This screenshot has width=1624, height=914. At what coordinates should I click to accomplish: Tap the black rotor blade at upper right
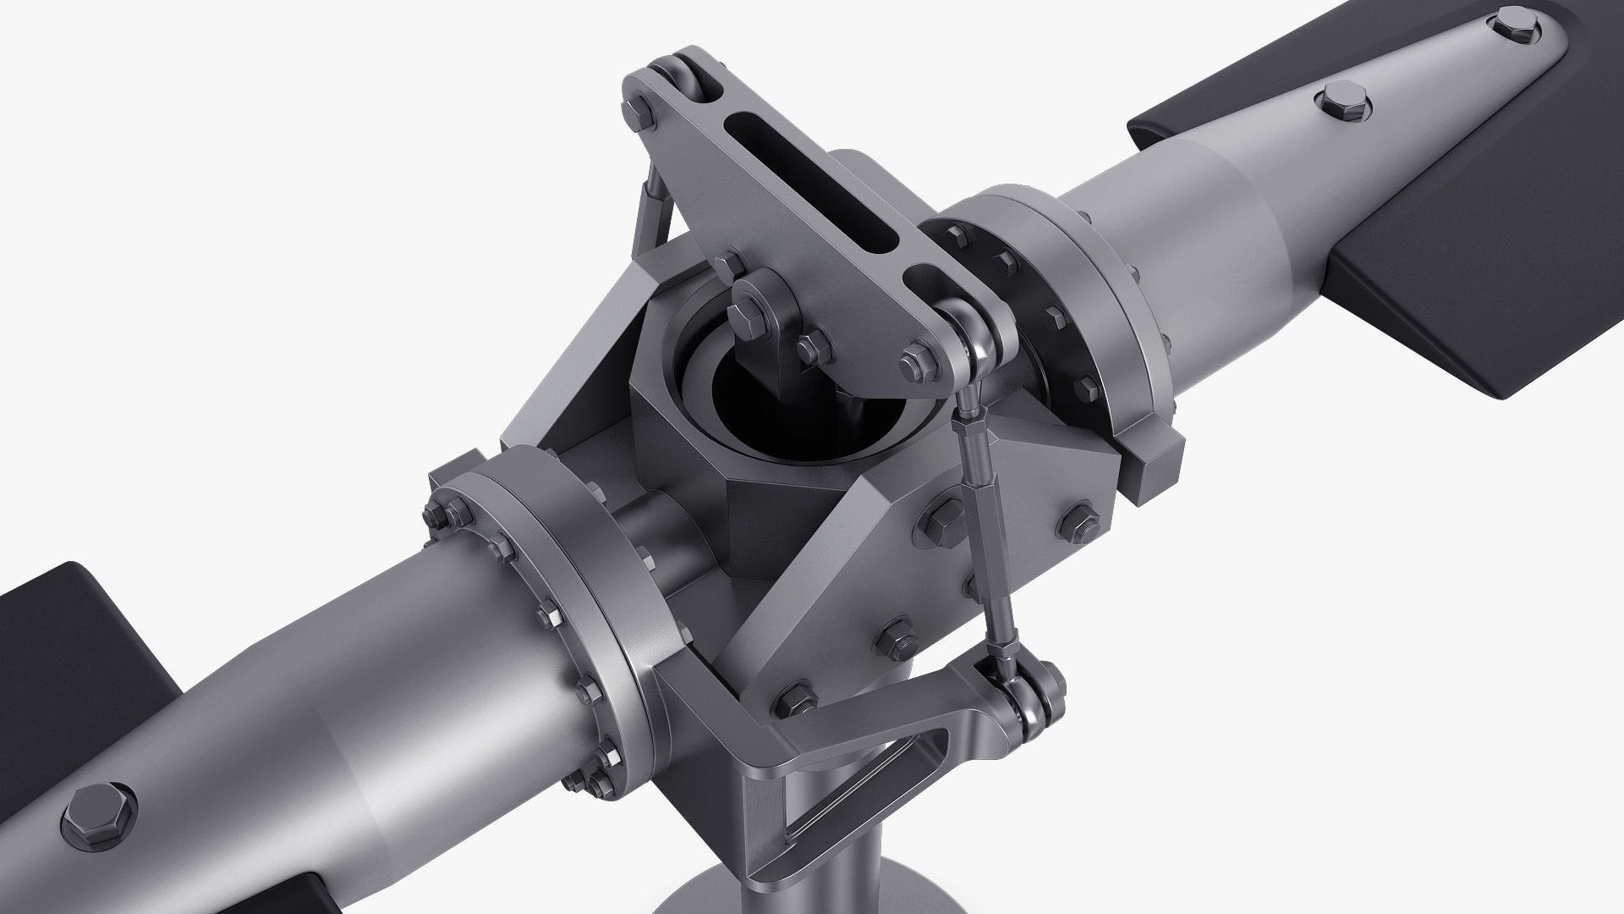click(x=1438, y=279)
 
